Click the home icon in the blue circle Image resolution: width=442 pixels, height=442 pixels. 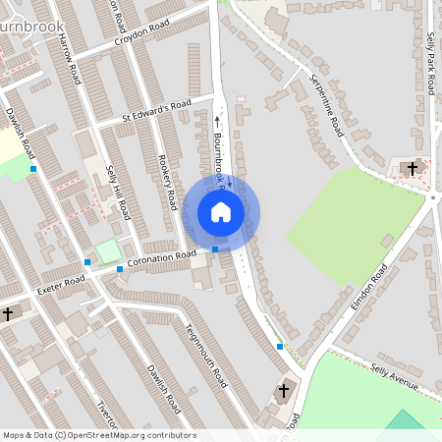click(221, 212)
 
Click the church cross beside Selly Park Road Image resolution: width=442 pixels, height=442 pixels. click(413, 168)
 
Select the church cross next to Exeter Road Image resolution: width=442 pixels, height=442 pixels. click(8, 313)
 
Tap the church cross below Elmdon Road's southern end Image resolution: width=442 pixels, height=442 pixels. click(284, 391)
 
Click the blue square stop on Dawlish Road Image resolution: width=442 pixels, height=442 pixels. click(33, 169)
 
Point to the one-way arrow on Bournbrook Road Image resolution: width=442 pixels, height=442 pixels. click(218, 122)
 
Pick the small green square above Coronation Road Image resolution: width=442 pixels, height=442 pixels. click(108, 250)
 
